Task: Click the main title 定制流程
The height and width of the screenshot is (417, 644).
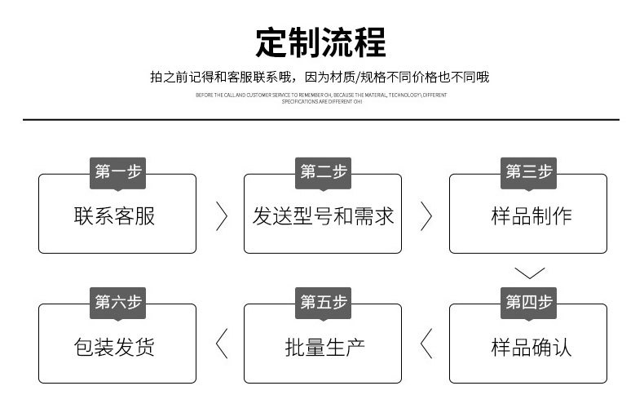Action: pyautogui.click(x=321, y=42)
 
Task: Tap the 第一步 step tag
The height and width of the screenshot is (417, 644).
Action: pyautogui.click(x=117, y=171)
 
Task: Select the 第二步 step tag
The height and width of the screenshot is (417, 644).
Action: pyautogui.click(x=323, y=171)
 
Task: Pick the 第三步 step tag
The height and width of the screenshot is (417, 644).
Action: pyautogui.click(x=528, y=171)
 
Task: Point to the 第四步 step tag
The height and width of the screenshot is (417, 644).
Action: pyautogui.click(x=528, y=302)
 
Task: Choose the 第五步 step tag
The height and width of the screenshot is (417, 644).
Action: pyautogui.click(x=323, y=302)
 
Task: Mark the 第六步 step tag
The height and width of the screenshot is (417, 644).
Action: pyautogui.click(x=117, y=302)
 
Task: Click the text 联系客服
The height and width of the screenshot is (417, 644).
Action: pyautogui.click(x=114, y=216)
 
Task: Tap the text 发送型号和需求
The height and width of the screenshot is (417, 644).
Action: pyautogui.click(x=323, y=216)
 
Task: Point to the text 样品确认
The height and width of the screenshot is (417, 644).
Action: pyautogui.click(x=531, y=347)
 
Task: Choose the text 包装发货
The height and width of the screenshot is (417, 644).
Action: pyautogui.click(x=114, y=347)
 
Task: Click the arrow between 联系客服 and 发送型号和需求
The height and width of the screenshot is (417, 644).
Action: pyautogui.click(x=222, y=215)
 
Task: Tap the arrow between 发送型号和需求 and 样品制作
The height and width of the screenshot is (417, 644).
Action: pyautogui.click(x=426, y=215)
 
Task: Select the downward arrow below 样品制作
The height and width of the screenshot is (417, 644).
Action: pyautogui.click(x=529, y=273)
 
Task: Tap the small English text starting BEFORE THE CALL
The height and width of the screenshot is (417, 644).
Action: pyautogui.click(x=321, y=98)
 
